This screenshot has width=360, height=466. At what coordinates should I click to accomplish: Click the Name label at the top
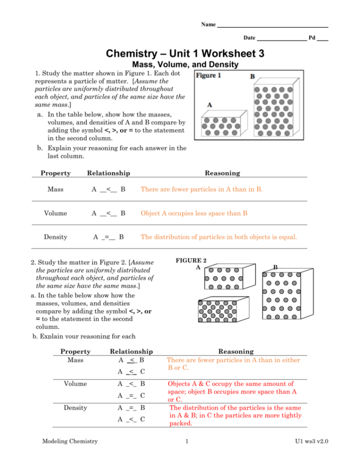208,25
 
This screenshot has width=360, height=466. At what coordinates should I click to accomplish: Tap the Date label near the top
249,37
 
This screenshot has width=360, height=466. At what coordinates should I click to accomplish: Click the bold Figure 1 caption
209,76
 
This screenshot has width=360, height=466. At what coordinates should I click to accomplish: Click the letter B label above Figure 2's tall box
275,267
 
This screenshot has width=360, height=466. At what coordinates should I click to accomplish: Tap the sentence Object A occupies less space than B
193,213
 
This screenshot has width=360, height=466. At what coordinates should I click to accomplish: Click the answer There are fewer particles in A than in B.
201,189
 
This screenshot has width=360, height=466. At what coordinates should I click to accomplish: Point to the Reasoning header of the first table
222,173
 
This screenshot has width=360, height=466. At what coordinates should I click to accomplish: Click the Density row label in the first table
55,236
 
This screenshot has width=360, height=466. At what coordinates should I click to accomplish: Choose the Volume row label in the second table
75,383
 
